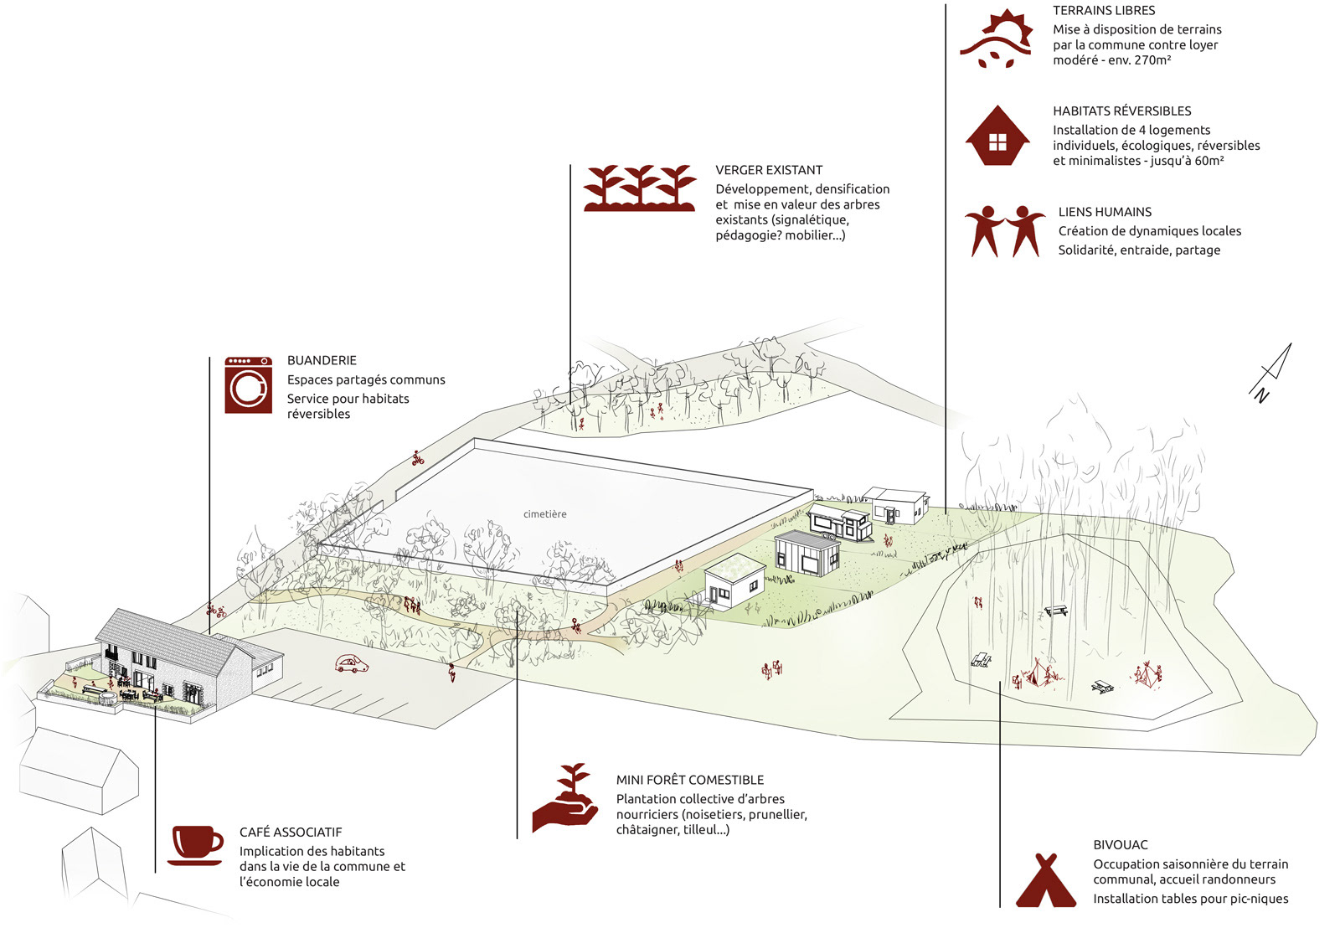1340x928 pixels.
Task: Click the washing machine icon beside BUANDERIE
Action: click(248, 384)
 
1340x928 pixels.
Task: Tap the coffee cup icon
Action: click(196, 845)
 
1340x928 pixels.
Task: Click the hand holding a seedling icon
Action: click(564, 798)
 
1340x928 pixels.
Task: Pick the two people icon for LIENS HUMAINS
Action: click(1004, 231)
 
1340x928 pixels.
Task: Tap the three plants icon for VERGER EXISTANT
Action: click(640, 188)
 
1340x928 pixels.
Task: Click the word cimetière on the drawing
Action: click(544, 514)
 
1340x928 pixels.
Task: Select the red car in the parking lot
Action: click(352, 664)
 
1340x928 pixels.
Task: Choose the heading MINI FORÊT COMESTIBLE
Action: click(690, 780)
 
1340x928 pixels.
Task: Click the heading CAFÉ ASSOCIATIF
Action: click(291, 832)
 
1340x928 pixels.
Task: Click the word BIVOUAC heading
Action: click(1121, 845)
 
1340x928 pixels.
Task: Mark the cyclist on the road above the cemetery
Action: click(418, 458)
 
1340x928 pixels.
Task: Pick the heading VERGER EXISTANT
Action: click(769, 170)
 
